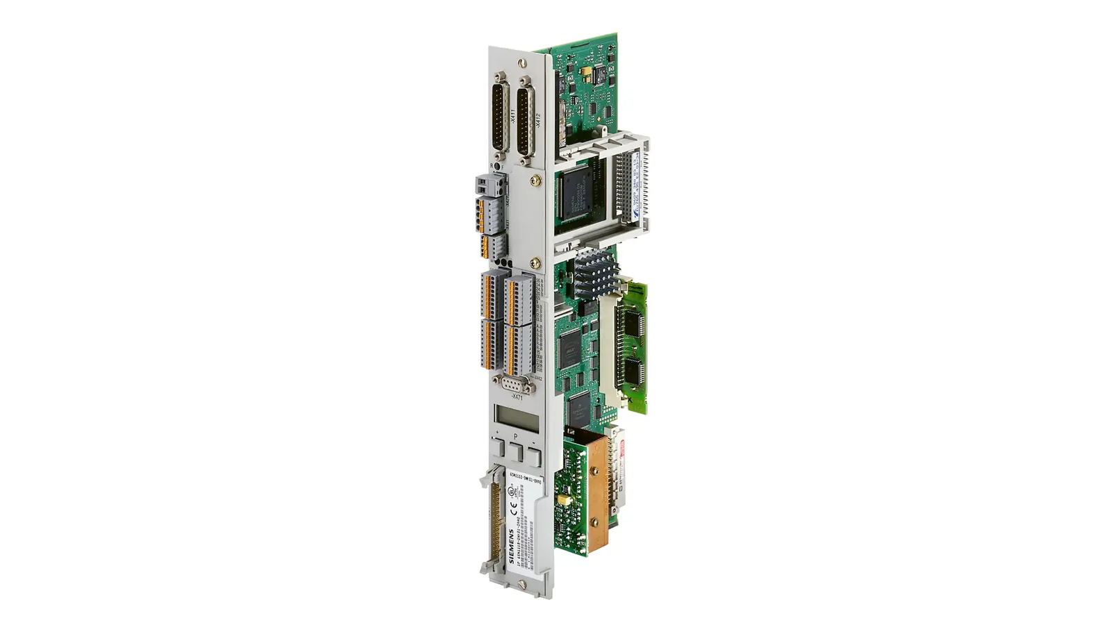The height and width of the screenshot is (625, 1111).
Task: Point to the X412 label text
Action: coord(537,119)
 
